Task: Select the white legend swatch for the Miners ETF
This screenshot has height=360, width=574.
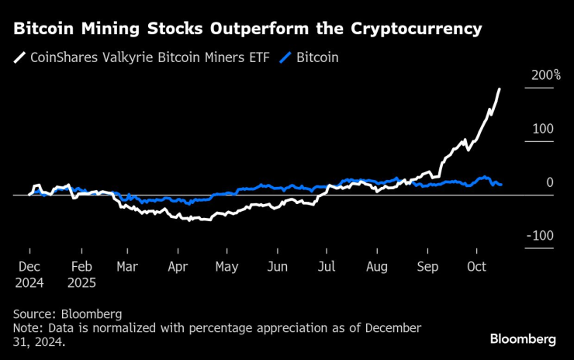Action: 19,57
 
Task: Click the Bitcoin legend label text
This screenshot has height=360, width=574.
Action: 317,57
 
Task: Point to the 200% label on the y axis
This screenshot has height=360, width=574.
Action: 546,75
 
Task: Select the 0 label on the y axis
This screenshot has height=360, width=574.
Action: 550,182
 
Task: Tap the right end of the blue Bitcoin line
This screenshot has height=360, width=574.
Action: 501,185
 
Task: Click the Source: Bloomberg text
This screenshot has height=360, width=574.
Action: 67,314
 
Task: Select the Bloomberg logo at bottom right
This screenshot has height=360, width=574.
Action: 523,339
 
